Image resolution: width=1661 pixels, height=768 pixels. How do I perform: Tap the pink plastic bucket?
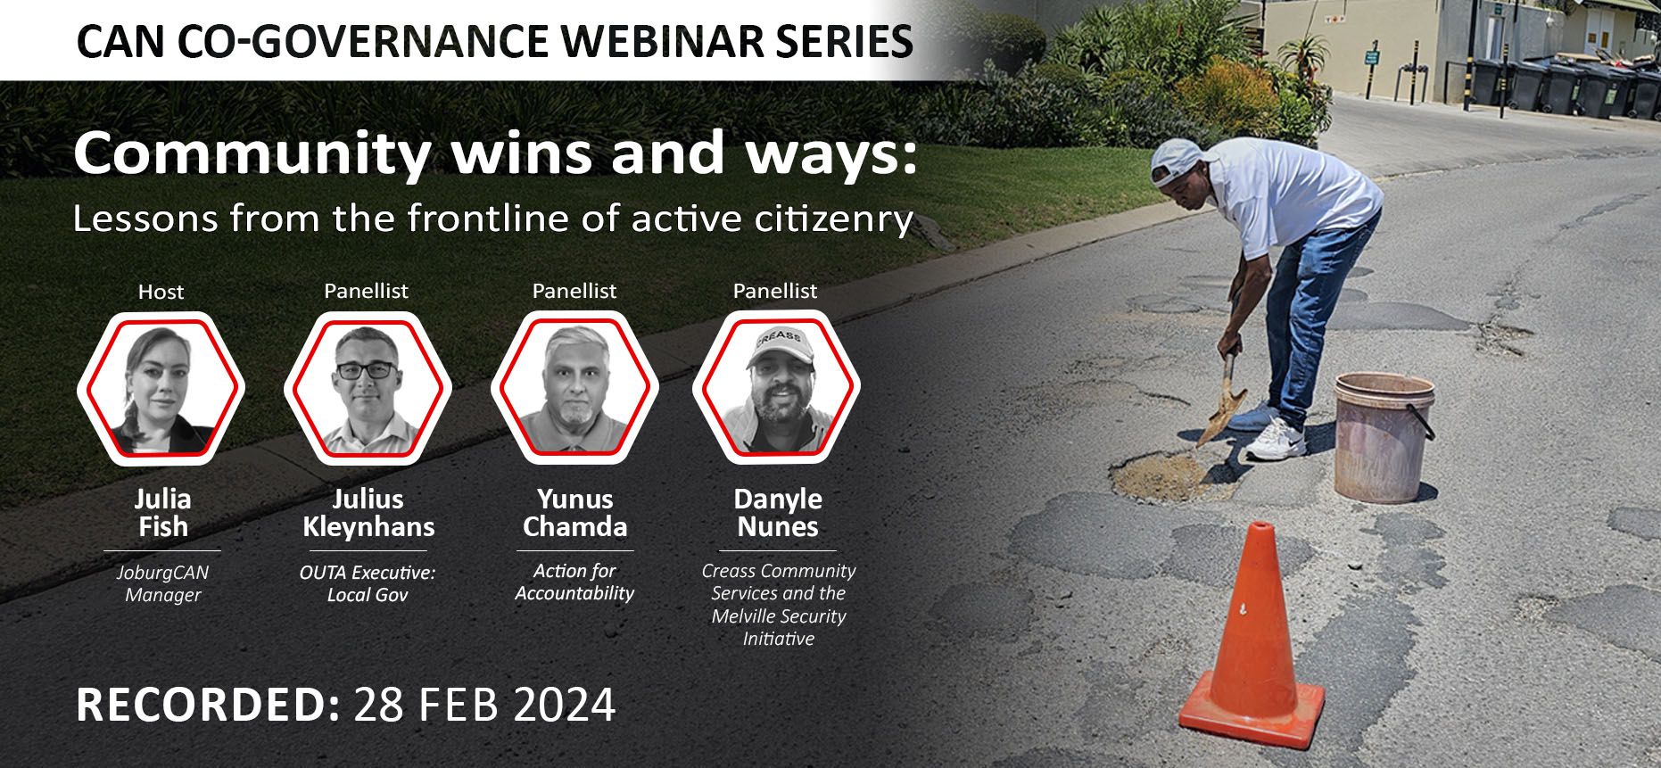1384,437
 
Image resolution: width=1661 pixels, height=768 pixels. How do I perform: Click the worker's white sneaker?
1275,440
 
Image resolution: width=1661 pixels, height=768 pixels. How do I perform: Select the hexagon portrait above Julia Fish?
161,387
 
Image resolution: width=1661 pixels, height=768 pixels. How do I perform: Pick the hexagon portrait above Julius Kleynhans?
368,387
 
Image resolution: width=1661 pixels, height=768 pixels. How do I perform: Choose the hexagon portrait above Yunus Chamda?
574,387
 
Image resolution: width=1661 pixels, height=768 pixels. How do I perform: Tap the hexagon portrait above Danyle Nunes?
776,387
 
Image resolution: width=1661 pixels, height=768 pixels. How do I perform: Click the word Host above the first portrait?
161,292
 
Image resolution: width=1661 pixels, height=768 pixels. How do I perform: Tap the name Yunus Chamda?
574,513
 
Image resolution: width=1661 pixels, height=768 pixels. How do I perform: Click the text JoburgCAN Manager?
162,583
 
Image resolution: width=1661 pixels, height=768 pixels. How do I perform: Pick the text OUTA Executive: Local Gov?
368,583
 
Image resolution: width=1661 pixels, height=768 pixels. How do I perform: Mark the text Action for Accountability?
574,582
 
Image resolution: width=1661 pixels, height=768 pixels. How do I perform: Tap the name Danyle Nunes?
778,513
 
